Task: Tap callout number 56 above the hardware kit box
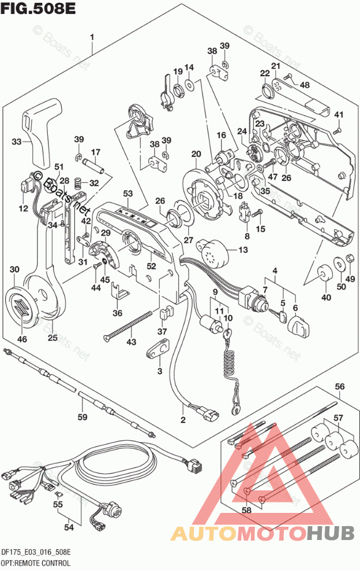coord(340,387)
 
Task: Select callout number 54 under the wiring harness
coord(69,526)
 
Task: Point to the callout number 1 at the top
coord(92,37)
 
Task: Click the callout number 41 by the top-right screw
coord(339,114)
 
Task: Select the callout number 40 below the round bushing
coord(327,298)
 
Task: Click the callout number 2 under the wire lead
coord(183,420)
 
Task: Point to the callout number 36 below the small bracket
coord(117,313)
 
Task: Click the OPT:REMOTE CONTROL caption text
coord(35,562)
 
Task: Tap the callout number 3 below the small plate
coord(160,370)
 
